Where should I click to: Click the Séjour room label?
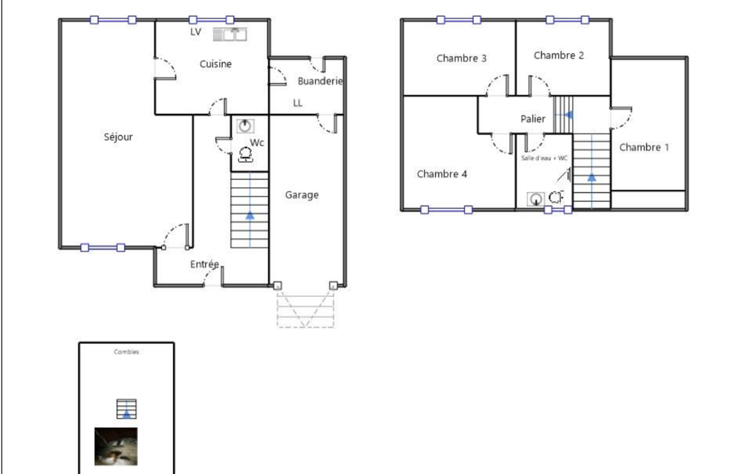(x=118, y=137)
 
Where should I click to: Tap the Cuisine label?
(x=215, y=64)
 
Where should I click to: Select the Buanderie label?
(x=320, y=81)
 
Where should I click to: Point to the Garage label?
(x=302, y=195)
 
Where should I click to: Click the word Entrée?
(x=204, y=264)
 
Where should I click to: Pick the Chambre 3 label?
(x=461, y=58)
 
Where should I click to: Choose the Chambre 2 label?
(x=558, y=55)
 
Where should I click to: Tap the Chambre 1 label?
(x=644, y=147)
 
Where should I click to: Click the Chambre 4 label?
(x=442, y=174)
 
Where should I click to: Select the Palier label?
(x=533, y=119)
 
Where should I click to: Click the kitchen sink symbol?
(x=230, y=34)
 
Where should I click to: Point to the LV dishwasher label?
(x=196, y=32)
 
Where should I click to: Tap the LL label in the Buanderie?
(x=298, y=103)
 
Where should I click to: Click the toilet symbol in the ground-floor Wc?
(x=246, y=155)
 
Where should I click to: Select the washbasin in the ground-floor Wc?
(x=244, y=126)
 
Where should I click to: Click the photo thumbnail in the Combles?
(x=116, y=446)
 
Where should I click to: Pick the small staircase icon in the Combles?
(x=126, y=409)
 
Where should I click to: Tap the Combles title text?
(x=126, y=352)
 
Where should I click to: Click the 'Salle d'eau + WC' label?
(x=544, y=158)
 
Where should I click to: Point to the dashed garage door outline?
(x=305, y=309)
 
